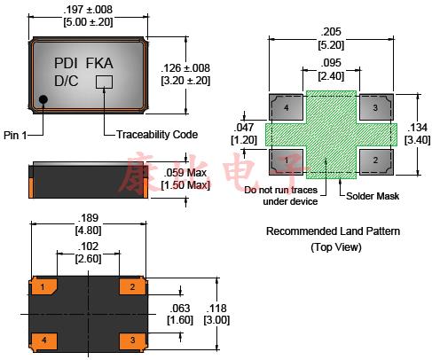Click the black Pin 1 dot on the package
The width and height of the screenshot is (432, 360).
click(x=43, y=99)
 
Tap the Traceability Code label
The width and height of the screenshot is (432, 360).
click(x=157, y=135)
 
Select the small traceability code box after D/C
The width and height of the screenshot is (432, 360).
click(x=104, y=82)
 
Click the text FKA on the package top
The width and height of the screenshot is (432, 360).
click(x=99, y=63)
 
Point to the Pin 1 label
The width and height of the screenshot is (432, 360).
click(x=15, y=136)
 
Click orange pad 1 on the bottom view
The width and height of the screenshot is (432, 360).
click(x=43, y=286)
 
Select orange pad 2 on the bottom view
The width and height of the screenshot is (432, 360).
click(x=132, y=286)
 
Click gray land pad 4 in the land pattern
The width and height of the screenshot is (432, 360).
click(x=286, y=107)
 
